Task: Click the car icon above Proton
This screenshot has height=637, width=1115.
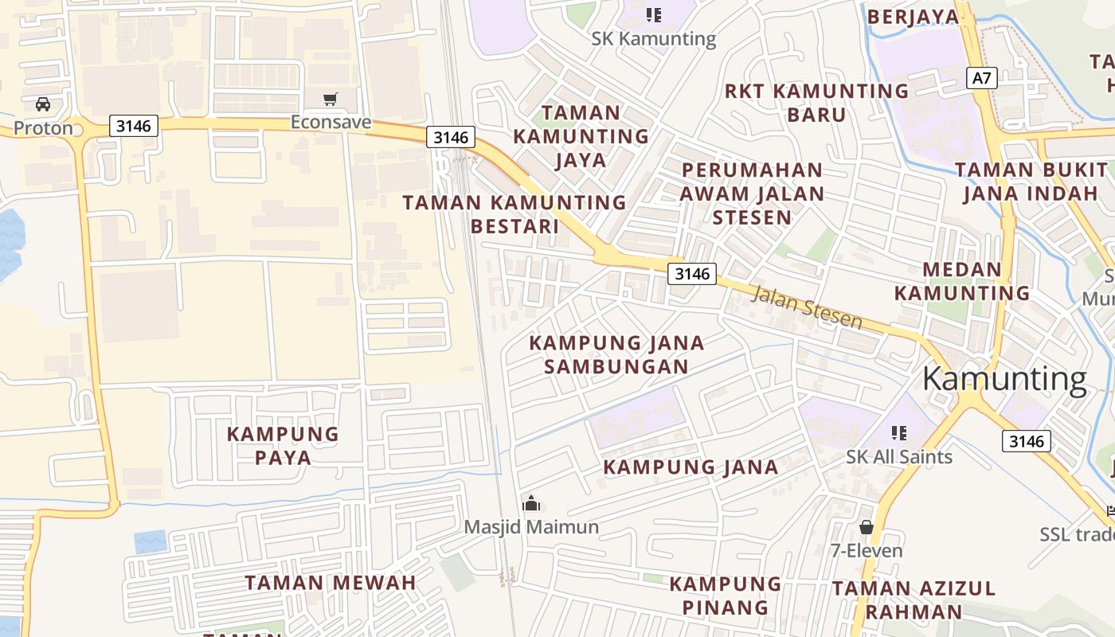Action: (x=43, y=104)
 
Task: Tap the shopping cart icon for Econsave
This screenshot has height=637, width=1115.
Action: (x=331, y=100)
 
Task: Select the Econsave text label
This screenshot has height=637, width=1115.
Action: (x=331, y=122)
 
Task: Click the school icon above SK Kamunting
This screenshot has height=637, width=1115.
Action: (x=654, y=14)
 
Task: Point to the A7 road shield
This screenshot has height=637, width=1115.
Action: (x=982, y=78)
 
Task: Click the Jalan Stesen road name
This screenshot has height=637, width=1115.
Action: (x=807, y=307)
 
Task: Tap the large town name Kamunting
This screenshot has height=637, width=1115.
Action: (x=1004, y=379)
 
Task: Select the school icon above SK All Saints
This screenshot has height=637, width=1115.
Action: (x=899, y=433)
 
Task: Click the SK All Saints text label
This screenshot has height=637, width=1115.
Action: (x=899, y=457)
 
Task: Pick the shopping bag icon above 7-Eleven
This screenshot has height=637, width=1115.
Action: (x=867, y=527)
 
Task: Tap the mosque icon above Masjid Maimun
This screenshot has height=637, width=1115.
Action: (x=531, y=503)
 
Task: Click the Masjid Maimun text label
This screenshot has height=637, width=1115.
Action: (x=531, y=527)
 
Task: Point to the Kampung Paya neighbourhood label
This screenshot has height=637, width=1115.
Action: (x=283, y=446)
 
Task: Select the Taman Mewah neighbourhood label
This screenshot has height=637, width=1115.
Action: (x=331, y=583)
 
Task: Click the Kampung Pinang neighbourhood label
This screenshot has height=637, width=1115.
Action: (x=726, y=596)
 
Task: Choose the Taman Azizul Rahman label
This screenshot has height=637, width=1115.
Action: (x=914, y=600)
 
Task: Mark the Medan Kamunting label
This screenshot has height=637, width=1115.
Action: (x=962, y=281)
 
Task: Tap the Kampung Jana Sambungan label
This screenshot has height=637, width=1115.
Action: (x=616, y=354)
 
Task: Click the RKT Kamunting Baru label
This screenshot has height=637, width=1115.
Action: (x=816, y=103)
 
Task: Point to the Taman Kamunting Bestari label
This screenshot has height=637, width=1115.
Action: (x=514, y=214)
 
